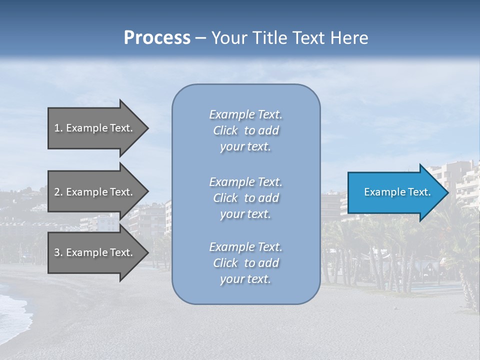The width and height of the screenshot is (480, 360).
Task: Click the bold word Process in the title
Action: click(x=157, y=38)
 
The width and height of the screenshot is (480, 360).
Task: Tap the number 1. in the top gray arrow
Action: click(x=58, y=128)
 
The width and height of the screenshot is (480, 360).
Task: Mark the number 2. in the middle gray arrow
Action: click(x=58, y=192)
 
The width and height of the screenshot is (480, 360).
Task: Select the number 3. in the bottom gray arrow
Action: click(x=58, y=252)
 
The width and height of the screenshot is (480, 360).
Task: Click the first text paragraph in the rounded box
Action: click(x=245, y=130)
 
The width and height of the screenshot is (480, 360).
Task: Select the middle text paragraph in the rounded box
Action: click(x=245, y=198)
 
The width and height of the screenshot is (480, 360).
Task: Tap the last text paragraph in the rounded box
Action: click(x=245, y=263)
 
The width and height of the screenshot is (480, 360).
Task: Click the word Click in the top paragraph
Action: click(x=225, y=130)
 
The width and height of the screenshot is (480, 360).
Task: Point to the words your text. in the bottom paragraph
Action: click(x=245, y=279)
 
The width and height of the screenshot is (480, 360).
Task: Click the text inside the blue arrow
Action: click(x=397, y=192)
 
